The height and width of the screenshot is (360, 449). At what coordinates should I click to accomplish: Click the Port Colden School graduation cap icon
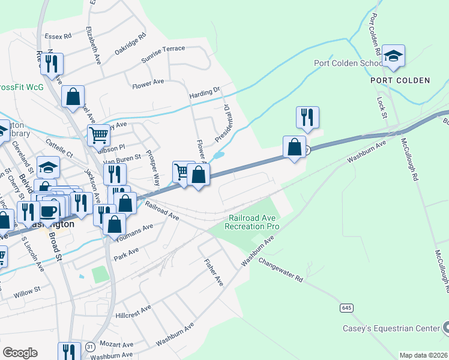coord(393,56)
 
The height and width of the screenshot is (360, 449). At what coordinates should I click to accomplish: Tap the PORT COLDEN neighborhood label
coord(400,80)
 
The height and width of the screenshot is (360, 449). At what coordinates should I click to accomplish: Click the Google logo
coord(20,352)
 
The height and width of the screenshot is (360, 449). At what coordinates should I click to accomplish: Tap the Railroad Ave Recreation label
coord(252,223)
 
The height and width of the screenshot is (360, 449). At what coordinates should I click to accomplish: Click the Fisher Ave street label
coord(213,272)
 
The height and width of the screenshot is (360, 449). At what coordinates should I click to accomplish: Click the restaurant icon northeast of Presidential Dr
coord(307,118)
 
